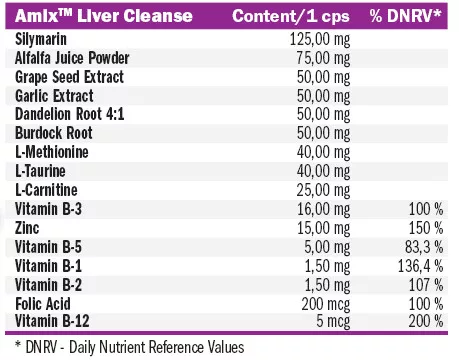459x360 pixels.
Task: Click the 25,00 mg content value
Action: [x=322, y=188]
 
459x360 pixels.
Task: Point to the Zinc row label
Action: [x=30, y=227]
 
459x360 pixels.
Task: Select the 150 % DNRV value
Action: [x=423, y=227]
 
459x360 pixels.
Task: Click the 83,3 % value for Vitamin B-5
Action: [x=420, y=246]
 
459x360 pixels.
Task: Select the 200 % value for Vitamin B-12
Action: [x=423, y=320]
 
